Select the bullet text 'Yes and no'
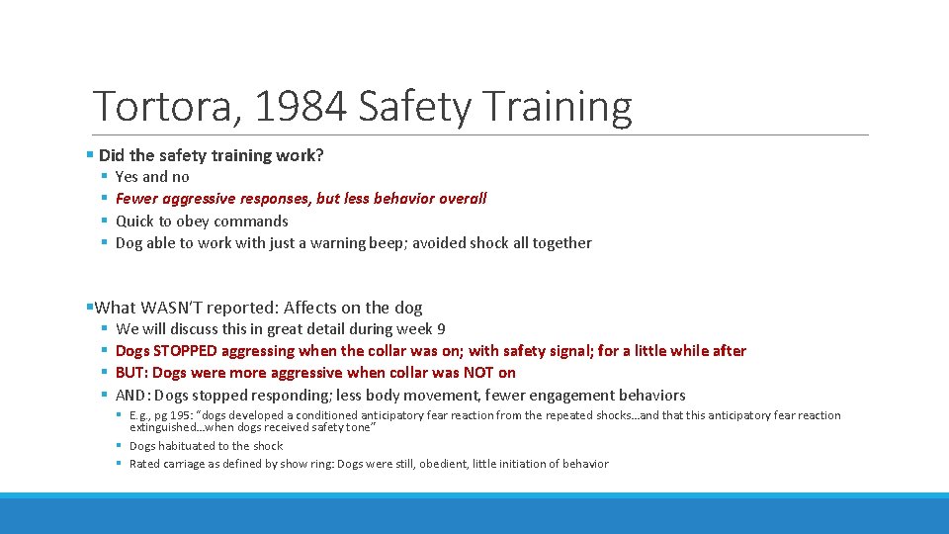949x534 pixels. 152,177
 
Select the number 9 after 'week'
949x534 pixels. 441,329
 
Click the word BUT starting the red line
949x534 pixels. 131,373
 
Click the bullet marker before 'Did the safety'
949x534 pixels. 90,155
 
